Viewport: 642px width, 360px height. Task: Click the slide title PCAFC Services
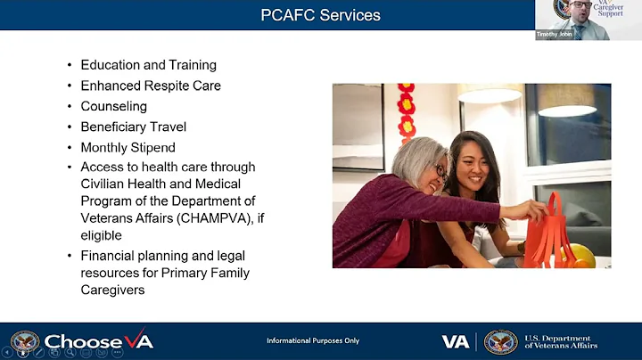pos(320,15)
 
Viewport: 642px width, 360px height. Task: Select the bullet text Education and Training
pos(148,65)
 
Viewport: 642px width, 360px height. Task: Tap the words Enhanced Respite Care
pos(151,86)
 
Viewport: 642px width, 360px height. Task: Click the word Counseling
pos(113,106)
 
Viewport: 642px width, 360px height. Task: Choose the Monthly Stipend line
pos(128,147)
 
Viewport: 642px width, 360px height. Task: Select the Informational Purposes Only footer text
pos(312,341)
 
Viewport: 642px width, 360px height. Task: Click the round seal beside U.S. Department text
pos(500,342)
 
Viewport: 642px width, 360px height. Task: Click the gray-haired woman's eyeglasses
pos(441,171)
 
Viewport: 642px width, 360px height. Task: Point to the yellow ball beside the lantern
pos(581,255)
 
